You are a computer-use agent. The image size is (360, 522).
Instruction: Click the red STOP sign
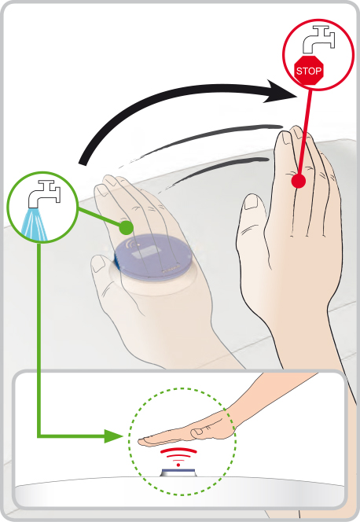[309, 70]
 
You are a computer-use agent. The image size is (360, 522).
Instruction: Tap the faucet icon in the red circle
[318, 39]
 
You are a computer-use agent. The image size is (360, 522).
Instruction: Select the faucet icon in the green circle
[44, 194]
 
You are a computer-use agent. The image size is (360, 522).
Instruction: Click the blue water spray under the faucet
[35, 224]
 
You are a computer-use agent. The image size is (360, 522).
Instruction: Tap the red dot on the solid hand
[299, 182]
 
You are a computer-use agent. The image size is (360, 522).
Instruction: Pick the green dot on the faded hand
[126, 227]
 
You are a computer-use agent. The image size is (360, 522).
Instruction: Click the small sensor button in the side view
[178, 472]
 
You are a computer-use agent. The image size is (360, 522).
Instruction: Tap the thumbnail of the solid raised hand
[252, 202]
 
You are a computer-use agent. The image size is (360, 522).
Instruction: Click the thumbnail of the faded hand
[99, 263]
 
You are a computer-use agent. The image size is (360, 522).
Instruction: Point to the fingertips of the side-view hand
[141, 442]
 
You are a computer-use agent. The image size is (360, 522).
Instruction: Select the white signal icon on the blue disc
[133, 244]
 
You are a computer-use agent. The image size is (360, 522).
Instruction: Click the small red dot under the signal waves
[178, 465]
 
